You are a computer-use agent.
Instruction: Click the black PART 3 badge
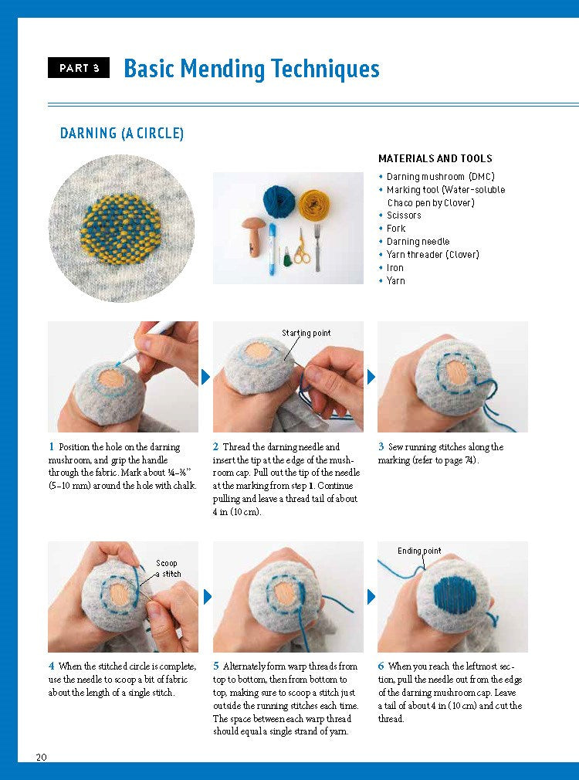coord(79,68)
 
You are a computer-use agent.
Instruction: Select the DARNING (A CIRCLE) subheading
coord(122,134)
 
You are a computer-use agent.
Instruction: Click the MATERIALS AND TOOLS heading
coord(435,158)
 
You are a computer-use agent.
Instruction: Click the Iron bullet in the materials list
coord(395,268)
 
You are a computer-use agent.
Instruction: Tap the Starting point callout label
coord(306,333)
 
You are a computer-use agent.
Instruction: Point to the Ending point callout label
coord(419,551)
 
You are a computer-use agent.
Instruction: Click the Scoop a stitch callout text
coord(168,568)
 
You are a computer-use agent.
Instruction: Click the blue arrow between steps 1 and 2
coord(205,377)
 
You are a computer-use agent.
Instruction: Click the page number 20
coord(41,757)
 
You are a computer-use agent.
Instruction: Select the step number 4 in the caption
coord(51,666)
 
